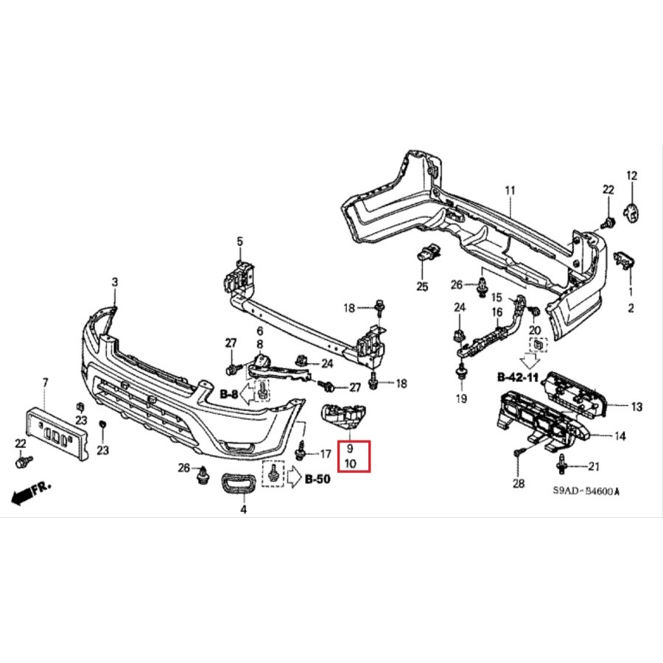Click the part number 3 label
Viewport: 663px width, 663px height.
coord(114,282)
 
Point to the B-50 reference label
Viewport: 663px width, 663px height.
coord(318,480)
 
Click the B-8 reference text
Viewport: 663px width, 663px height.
coord(229,395)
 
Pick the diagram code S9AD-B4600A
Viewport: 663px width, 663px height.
coord(587,492)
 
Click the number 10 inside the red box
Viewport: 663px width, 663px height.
coord(350,464)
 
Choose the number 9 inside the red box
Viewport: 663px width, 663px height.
coord(350,448)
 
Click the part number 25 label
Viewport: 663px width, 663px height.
coord(422,287)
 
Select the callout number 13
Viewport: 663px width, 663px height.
coord(636,406)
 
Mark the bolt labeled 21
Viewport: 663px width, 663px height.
coord(564,464)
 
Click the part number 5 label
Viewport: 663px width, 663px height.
coord(239,241)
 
